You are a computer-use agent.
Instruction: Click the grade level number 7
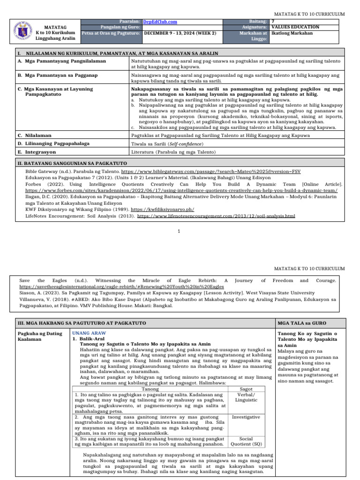point(273,22)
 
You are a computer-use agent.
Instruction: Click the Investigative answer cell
point(246,417)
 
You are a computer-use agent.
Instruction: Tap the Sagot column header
point(246,389)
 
